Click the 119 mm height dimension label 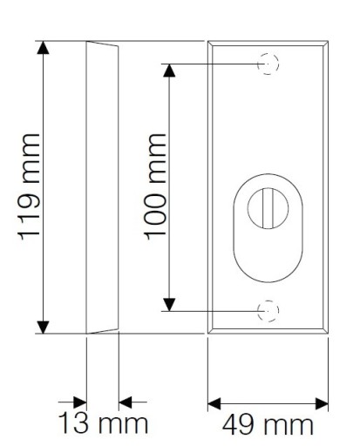[29, 187]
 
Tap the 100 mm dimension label [156, 187]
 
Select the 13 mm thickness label [103, 424]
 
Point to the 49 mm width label [268, 425]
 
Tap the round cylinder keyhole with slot [268, 208]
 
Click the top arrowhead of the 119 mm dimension [43, 48]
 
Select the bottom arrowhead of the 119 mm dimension [43, 328]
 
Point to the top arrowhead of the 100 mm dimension [169, 71]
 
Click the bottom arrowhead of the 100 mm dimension [169, 304]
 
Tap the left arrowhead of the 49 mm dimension [214, 404]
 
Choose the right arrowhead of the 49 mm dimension [322, 404]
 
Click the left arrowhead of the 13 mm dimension [80, 402]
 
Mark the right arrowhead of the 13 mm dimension [126, 402]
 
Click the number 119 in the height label [29, 216]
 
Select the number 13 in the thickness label [73, 424]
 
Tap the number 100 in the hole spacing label [156, 216]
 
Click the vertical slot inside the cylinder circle [268, 208]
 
